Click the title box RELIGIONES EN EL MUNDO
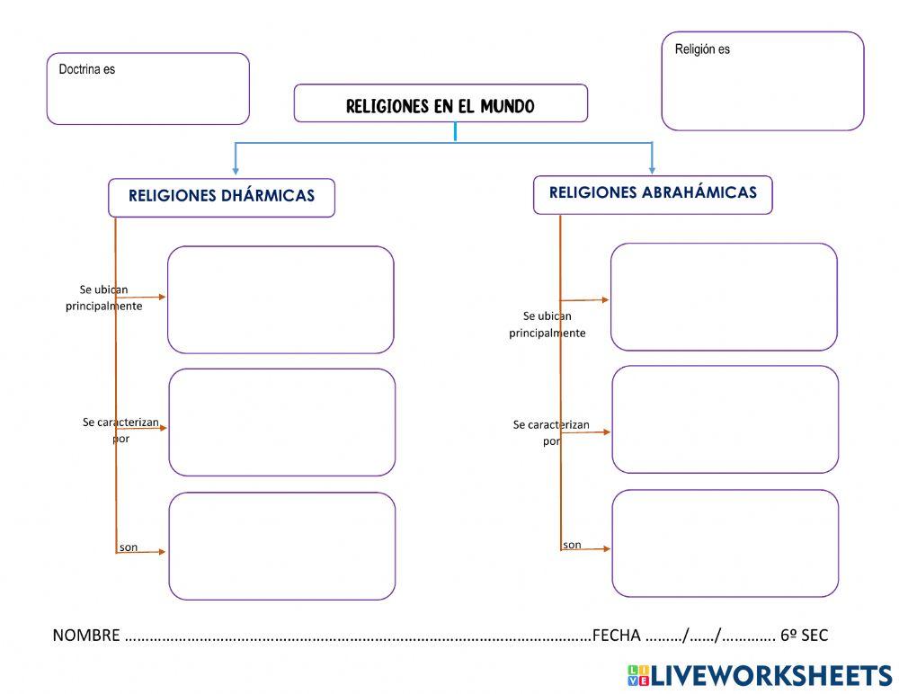pos(441,106)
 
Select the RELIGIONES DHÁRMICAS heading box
pos(221,197)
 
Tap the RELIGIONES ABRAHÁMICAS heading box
pos(653,193)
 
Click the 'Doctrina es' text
pos(87,69)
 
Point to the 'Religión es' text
pos(702,49)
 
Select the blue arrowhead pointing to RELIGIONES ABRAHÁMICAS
pos(653,169)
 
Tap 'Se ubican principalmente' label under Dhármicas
pos(104,298)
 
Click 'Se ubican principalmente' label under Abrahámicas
pos(547,325)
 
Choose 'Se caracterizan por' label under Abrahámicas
pos(551,432)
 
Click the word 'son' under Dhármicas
pos(129,547)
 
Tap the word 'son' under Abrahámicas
pos(572,545)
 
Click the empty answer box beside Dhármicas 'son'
pos(282,546)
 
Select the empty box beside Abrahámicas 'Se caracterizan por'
pos(725,419)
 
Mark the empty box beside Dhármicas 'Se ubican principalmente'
pos(280,299)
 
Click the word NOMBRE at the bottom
pos(86,636)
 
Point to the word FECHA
pos(617,636)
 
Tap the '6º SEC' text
pos(804,636)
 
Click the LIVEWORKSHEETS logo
pos(760,675)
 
